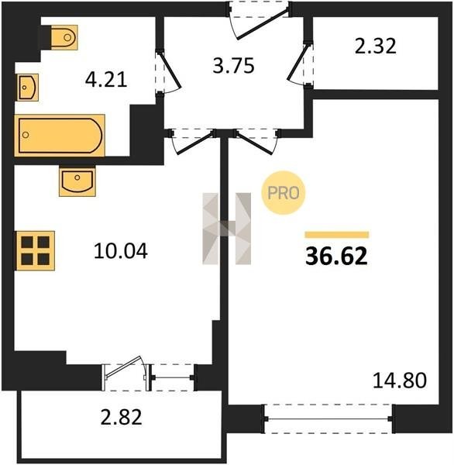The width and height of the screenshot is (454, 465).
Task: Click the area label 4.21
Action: coord(106,80)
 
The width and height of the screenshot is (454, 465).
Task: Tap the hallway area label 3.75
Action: coord(234,66)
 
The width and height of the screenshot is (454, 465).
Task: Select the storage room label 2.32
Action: coord(376,46)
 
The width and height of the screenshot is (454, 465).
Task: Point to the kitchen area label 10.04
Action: coord(120,251)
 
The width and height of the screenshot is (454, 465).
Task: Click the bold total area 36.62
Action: coord(336,257)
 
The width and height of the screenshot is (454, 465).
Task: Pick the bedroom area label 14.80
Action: coord(400,381)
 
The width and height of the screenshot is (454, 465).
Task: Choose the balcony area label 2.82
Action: coord(122,417)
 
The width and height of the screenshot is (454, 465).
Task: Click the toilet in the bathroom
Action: coord(64,37)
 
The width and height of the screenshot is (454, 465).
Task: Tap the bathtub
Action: coord(60,135)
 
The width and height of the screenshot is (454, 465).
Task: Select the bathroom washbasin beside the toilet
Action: coord(28,88)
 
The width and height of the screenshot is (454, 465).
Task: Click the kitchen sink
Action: coord(77,181)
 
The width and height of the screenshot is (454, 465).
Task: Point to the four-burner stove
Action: coord(36,251)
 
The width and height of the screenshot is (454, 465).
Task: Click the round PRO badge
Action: coord(283,193)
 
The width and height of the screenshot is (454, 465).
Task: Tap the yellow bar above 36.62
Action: coord(337,235)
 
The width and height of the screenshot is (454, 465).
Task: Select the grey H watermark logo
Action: coord(226,229)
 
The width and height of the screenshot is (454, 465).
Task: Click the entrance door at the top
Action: coord(260,22)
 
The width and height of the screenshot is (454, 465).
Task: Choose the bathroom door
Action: coord(168,71)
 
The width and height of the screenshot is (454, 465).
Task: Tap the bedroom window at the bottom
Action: coord(328,418)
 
